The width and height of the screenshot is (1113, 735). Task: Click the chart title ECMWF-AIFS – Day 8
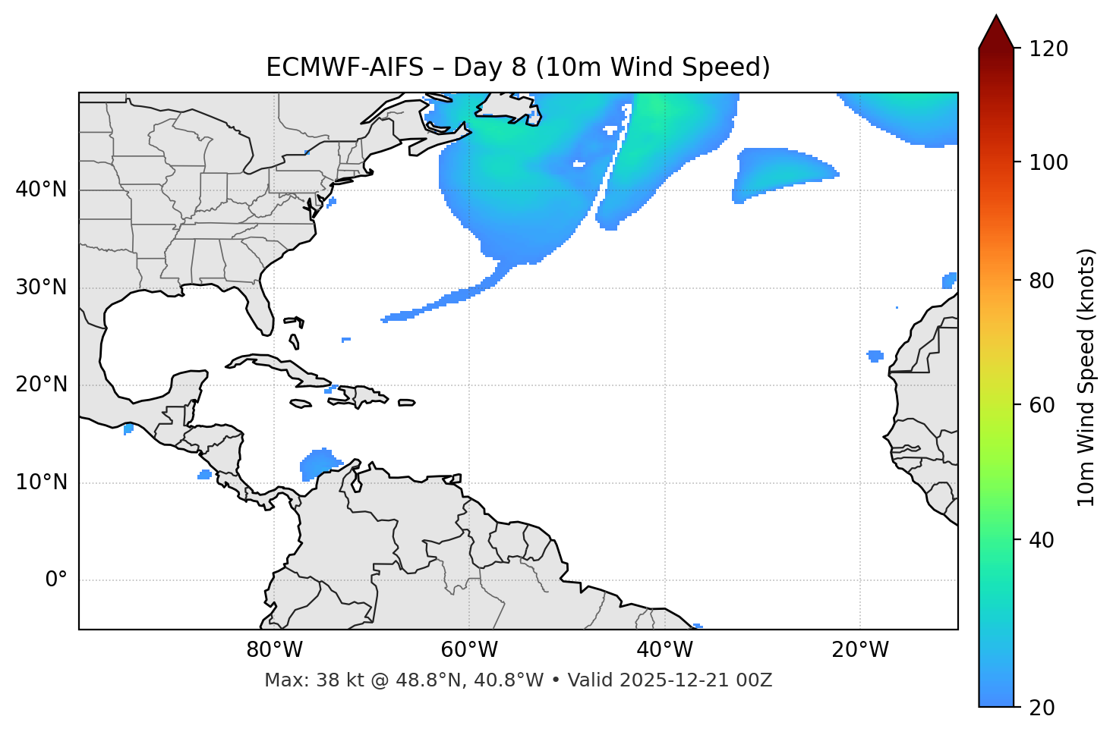tap(518, 68)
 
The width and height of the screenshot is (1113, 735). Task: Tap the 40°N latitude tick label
tap(41, 190)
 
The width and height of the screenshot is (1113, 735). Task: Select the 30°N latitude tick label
tap(41, 287)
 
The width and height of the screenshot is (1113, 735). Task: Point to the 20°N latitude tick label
tap(41, 385)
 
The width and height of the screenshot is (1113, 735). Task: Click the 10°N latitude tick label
tap(41, 482)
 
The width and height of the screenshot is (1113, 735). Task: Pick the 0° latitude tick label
tap(56, 580)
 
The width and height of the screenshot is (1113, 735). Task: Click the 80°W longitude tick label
tap(274, 650)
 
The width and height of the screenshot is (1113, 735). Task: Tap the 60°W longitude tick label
tap(469, 650)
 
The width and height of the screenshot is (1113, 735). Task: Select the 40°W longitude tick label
tap(665, 650)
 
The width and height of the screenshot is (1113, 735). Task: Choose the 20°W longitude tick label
tap(860, 650)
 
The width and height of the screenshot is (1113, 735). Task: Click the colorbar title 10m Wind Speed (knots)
tap(1086, 377)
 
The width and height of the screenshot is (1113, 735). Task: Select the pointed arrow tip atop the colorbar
tap(996, 18)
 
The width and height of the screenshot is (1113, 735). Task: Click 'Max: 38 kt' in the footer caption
tap(304, 680)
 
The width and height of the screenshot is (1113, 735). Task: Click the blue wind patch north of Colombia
tap(319, 463)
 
